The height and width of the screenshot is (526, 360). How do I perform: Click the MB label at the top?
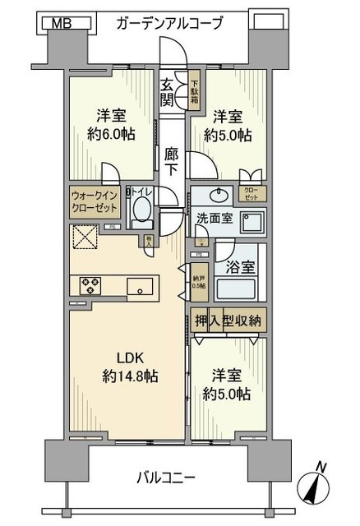pos(62,23)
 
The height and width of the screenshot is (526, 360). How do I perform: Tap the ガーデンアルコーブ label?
pos(169,23)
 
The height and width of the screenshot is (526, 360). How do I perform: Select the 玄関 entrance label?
pos(167,91)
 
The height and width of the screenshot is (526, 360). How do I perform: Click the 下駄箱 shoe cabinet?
pos(195,91)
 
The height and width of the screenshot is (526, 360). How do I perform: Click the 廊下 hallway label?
pos(171,159)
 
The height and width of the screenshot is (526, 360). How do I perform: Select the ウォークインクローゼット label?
pos(95,201)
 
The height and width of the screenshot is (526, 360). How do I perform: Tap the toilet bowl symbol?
pos(140,213)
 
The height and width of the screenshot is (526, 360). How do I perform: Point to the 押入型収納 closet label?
pos(228,321)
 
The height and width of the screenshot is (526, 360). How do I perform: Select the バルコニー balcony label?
pos(173,477)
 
